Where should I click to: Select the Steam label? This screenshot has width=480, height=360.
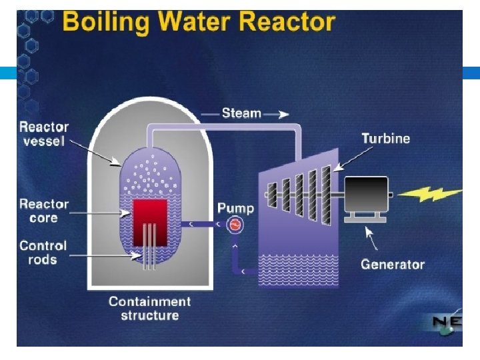[241, 113]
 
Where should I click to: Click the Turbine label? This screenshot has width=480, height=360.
[385, 139]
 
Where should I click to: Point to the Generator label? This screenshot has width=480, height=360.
[393, 265]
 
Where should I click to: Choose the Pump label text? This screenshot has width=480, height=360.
[235, 208]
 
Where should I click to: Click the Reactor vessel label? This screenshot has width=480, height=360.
[44, 134]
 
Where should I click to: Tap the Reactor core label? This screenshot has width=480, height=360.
[44, 211]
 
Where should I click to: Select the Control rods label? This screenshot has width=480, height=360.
[43, 252]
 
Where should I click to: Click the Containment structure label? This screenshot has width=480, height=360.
[150, 308]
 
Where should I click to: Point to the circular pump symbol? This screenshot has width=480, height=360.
[235, 225]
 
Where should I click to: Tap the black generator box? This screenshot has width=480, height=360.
[365, 194]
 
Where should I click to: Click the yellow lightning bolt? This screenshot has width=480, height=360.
[434, 194]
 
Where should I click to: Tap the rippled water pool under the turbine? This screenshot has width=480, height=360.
[299, 270]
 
